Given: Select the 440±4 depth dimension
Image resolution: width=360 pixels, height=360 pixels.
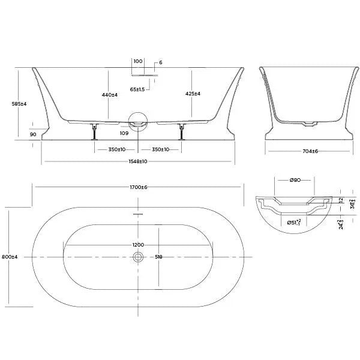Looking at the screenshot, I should (109, 94).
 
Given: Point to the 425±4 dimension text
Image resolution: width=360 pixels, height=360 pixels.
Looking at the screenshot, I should (193, 94).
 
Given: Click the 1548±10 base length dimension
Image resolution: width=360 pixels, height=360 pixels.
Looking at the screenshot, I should (138, 161).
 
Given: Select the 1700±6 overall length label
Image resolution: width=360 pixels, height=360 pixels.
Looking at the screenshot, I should (138, 187).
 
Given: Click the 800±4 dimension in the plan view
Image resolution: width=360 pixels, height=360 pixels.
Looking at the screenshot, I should (10, 257).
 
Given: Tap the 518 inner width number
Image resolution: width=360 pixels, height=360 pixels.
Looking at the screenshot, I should (159, 257).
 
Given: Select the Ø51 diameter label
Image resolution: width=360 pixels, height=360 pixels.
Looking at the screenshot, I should (293, 223).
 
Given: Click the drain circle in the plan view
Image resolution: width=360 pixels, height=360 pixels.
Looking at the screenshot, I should (139, 257).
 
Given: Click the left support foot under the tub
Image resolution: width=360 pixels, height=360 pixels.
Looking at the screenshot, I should (93, 131).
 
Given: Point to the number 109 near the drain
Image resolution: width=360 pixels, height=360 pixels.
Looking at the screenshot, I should (124, 133).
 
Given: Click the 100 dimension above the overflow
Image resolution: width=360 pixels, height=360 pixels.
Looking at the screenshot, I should (138, 61).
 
